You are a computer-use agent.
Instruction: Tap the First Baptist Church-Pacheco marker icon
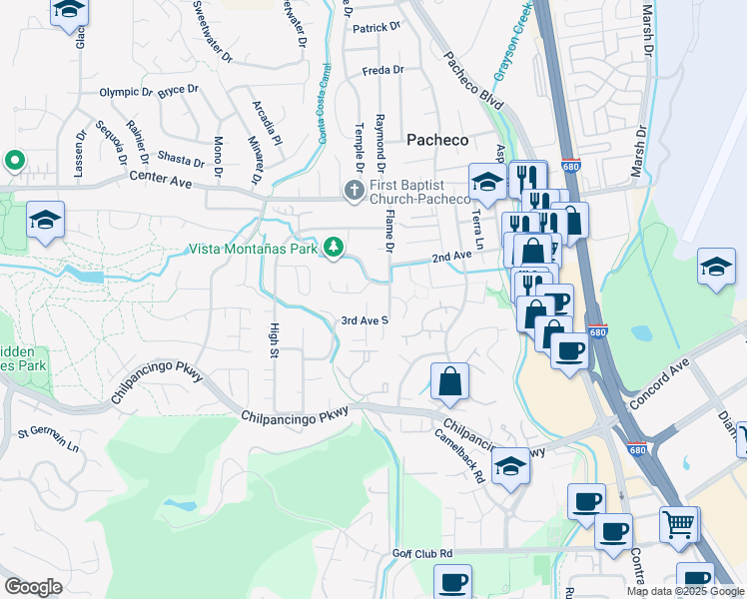(x=354, y=190)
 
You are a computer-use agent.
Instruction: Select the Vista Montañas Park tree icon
(x=334, y=247)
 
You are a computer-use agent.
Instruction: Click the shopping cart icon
(x=678, y=522)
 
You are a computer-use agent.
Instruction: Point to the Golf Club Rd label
(x=422, y=553)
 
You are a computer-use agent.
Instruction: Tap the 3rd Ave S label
(x=365, y=320)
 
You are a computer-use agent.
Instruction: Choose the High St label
(x=273, y=339)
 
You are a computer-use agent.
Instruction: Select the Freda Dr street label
(x=382, y=70)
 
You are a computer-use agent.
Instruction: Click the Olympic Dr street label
(x=126, y=92)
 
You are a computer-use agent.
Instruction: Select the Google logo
(x=33, y=587)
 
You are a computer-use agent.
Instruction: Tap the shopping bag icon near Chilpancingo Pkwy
(x=450, y=380)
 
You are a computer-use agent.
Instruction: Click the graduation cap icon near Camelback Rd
(x=510, y=466)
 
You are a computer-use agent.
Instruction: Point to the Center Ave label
(x=160, y=180)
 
